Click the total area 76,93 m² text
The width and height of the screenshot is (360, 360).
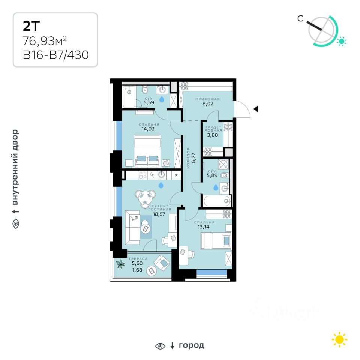[45, 41]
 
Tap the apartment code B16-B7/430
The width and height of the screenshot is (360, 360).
[56, 55]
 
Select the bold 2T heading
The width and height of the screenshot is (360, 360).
[31, 26]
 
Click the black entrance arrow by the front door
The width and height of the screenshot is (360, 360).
[256, 109]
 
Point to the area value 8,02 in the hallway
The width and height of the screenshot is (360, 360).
[208, 103]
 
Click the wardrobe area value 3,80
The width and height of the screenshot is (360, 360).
[212, 135]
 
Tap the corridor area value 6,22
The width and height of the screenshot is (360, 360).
[193, 158]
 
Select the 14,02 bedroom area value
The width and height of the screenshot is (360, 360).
[148, 129]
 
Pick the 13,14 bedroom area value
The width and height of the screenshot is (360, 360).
[203, 227]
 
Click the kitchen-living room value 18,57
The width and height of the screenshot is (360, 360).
[159, 214]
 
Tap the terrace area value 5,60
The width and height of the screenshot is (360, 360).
[137, 263]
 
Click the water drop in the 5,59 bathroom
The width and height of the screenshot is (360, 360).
[162, 99]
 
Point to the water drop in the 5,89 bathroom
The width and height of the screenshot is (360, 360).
[216, 187]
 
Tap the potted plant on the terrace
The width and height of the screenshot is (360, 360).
[120, 264]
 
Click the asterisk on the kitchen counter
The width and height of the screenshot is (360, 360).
[176, 175]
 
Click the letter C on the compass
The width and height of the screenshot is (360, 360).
[300, 18]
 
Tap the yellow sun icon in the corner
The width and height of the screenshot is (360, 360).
[340, 339]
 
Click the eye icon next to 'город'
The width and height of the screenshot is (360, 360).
[160, 346]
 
